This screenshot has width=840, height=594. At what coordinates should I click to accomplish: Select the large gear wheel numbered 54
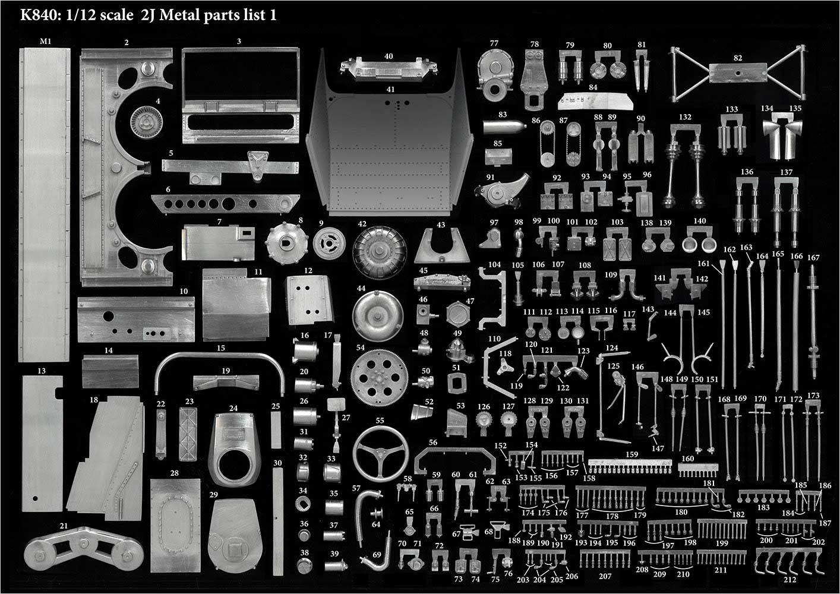379,378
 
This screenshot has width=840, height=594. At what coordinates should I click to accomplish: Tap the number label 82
738,58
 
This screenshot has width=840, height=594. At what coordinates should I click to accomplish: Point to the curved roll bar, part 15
220,356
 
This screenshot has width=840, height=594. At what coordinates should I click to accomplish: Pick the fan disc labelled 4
147,122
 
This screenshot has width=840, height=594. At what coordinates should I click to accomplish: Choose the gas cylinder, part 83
504,127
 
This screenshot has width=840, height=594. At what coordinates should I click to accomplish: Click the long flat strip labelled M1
44,205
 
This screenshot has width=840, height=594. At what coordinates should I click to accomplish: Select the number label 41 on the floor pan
390,89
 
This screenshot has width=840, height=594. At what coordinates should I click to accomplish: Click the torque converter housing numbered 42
380,252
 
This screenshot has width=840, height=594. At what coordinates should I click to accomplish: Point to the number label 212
790,579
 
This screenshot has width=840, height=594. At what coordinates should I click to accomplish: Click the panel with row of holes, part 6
225,204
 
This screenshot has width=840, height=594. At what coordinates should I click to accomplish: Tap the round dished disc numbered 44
378,316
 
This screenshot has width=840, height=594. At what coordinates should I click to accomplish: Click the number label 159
631,454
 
